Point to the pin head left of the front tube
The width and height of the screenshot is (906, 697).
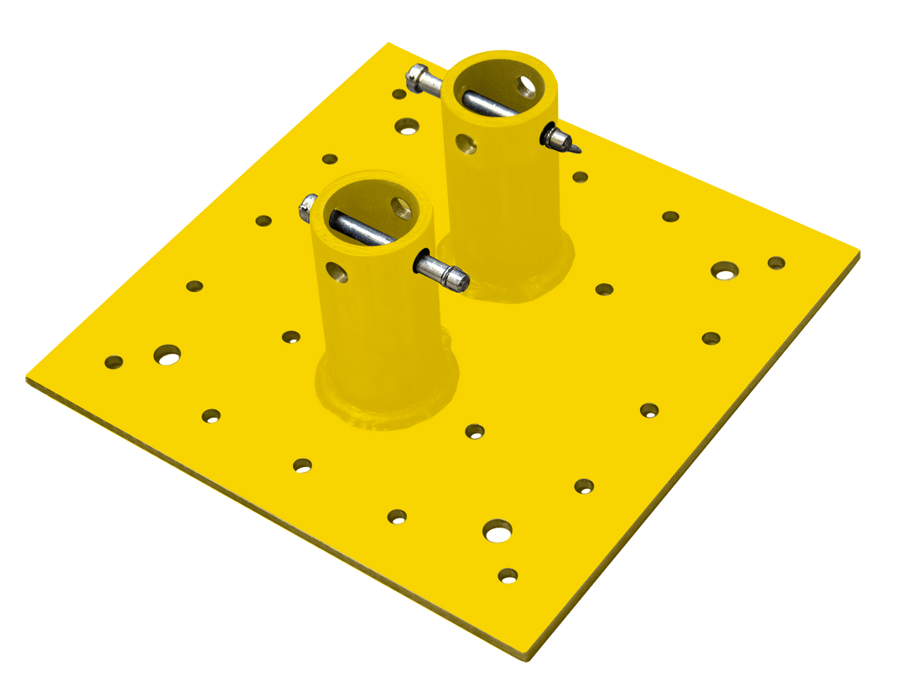(308, 207)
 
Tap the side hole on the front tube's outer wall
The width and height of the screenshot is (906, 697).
(337, 271)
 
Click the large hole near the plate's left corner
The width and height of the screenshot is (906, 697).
(167, 354)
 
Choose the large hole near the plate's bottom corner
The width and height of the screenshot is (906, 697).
(497, 529)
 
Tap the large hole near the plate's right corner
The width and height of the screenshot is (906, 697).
(725, 271)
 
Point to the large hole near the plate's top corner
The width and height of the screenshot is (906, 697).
(408, 126)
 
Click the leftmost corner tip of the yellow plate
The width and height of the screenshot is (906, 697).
(27, 379)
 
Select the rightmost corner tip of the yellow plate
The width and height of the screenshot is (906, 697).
(860, 249)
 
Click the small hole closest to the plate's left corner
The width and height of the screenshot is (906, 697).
(113, 362)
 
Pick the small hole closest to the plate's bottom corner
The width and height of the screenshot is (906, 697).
(508, 575)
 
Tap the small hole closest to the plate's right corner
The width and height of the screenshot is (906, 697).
(777, 263)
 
